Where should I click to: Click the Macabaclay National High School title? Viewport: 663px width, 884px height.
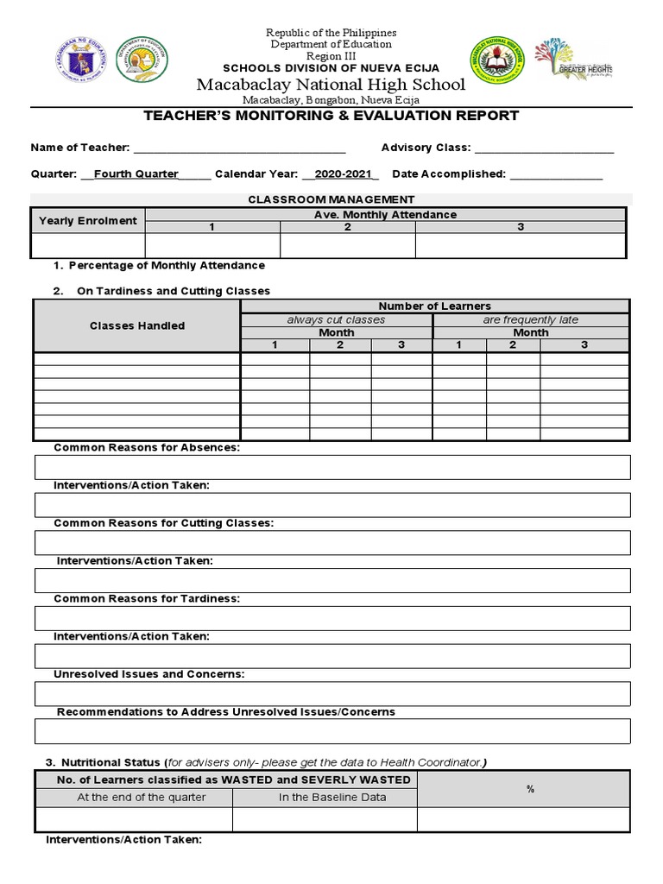(x=331, y=85)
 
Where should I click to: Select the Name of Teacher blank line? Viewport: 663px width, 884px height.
(x=239, y=148)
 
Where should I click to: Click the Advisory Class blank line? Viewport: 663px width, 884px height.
(x=544, y=148)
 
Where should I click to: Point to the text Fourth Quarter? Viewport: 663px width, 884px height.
(x=136, y=174)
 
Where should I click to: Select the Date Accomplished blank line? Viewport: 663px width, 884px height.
(x=556, y=174)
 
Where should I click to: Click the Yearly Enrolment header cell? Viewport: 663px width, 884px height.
(x=88, y=221)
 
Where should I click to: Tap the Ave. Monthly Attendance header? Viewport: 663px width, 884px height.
(x=385, y=215)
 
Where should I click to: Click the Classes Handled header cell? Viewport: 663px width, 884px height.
(x=137, y=325)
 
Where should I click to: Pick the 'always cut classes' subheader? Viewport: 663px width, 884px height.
(x=336, y=319)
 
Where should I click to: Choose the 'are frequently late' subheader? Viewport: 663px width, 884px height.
(x=530, y=319)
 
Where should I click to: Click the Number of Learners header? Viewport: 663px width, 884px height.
(x=434, y=306)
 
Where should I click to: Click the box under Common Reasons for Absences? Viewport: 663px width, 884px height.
(x=332, y=467)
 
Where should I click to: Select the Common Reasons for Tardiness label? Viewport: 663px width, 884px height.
(x=147, y=598)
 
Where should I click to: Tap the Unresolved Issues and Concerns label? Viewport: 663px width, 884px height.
(x=149, y=674)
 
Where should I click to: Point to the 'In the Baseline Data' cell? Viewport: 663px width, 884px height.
(x=332, y=798)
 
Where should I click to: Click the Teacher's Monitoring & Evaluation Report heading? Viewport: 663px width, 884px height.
(x=331, y=116)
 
